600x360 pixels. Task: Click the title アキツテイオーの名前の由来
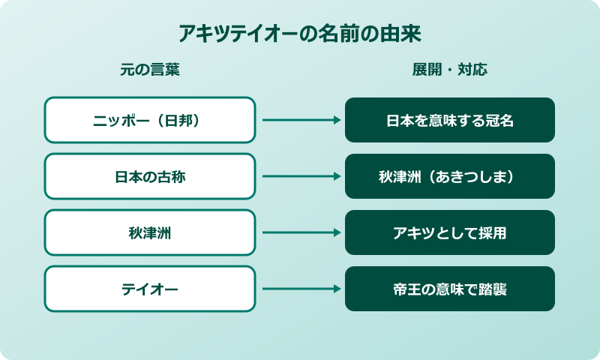(300, 34)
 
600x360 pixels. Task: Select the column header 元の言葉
(149, 70)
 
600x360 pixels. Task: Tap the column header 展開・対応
(449, 70)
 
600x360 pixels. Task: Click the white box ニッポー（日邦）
(149, 120)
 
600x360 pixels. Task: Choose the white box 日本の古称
(149, 176)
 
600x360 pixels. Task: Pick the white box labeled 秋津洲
(149, 232)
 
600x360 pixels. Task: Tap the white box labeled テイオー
(149, 289)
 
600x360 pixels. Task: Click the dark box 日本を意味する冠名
(449, 120)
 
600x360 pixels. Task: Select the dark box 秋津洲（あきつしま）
(449, 176)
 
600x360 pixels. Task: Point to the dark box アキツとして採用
(449, 232)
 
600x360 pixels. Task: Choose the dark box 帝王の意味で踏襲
(449, 289)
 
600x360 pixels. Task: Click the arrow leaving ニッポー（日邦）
(301, 120)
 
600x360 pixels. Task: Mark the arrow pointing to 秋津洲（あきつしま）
(301, 176)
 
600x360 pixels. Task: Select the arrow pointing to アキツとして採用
(301, 232)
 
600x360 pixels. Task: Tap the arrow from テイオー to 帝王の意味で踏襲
(301, 289)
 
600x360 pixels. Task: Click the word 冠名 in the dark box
(499, 121)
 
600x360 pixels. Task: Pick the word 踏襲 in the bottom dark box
(493, 289)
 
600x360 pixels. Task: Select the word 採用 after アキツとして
(493, 233)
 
